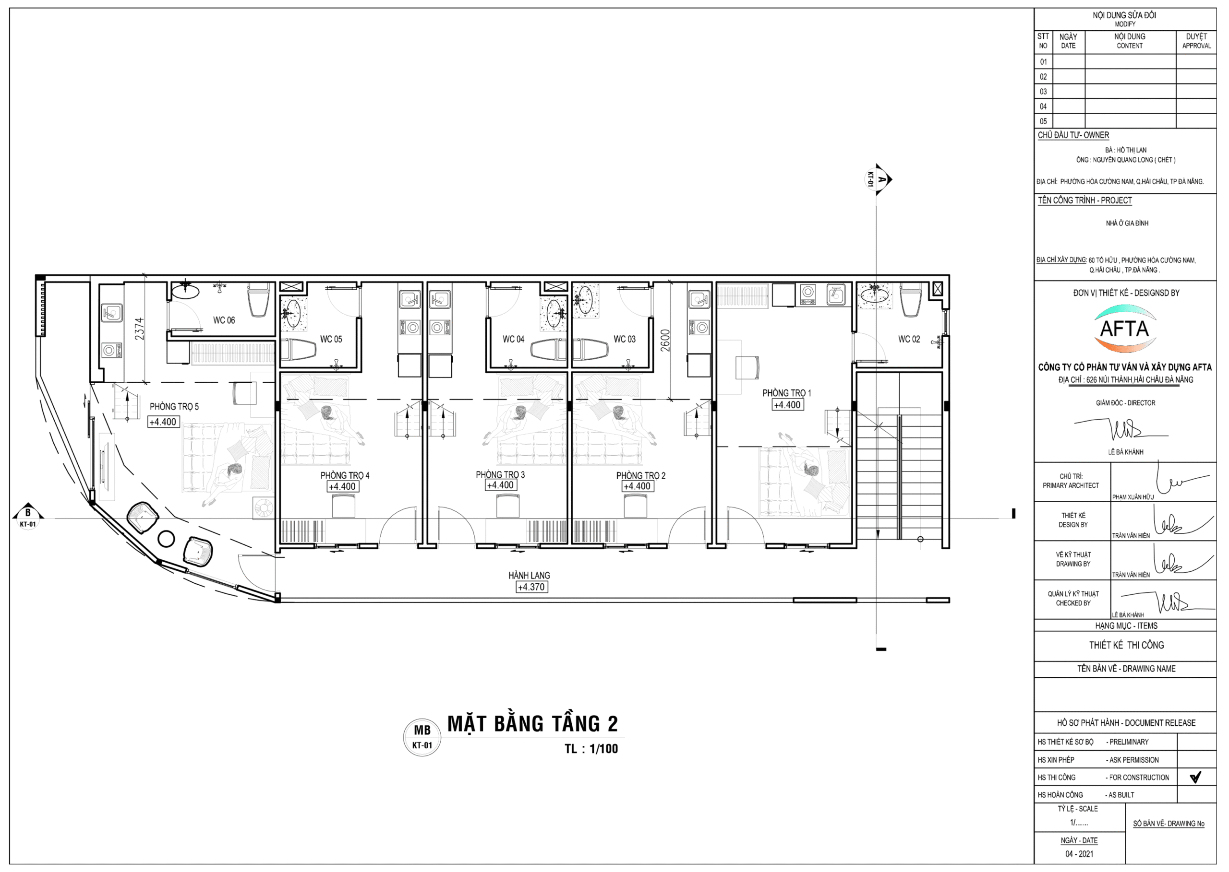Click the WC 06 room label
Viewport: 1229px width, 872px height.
click(x=224, y=320)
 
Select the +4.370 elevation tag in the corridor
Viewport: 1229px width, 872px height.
click(x=531, y=588)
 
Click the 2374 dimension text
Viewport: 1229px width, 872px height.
click(x=139, y=329)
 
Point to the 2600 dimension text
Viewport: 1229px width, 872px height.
click(x=665, y=341)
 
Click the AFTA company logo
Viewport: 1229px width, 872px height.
click(x=1125, y=329)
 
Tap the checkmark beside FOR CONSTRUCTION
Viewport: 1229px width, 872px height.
click(x=1195, y=778)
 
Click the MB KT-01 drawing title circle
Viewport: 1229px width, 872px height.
click(x=422, y=737)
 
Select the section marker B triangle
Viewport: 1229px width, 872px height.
click(x=28, y=514)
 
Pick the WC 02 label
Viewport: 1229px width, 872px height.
click(x=909, y=339)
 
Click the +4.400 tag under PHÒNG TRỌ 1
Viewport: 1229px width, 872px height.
click(x=787, y=405)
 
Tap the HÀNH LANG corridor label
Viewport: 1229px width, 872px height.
click(x=530, y=576)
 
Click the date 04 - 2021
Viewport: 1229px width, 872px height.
click(x=1079, y=854)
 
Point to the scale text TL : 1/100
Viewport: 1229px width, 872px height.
click(x=591, y=749)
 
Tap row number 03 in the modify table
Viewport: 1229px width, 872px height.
click(x=1043, y=92)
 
